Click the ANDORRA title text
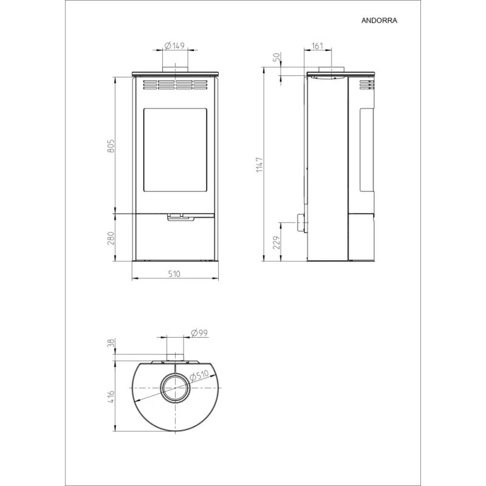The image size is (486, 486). tap(379, 21)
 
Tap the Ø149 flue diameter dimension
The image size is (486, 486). tap(174, 46)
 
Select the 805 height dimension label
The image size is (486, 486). tap(111, 146)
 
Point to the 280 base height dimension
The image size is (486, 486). tap(111, 238)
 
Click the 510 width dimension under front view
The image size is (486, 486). tap(174, 274)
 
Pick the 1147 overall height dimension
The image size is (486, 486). tap(259, 165)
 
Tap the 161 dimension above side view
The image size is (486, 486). tap(317, 46)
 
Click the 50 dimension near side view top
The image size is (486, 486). tap(276, 57)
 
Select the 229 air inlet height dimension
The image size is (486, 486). tap(276, 242)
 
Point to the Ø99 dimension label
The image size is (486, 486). tap(199, 333)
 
